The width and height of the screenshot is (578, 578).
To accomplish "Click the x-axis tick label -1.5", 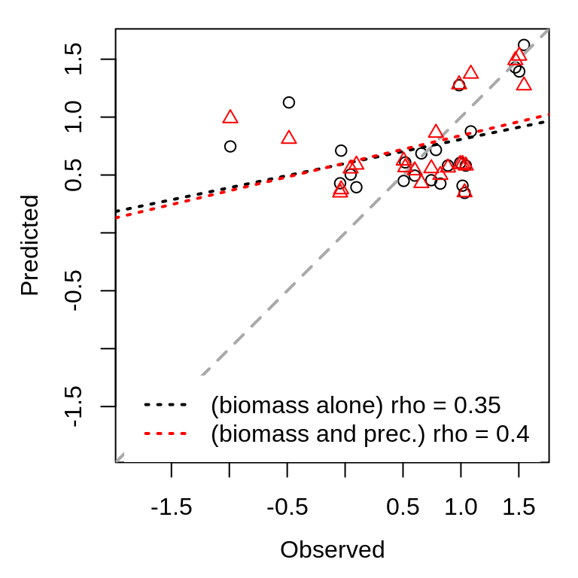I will pyautogui.click(x=171, y=508).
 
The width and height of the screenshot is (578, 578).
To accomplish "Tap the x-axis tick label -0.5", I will pyautogui.click(x=287, y=508).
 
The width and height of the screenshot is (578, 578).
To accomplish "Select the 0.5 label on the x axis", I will pyautogui.click(x=403, y=508).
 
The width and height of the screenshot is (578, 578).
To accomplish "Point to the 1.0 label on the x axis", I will pyautogui.click(x=461, y=508).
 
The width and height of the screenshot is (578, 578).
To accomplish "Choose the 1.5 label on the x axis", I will pyautogui.click(x=519, y=508).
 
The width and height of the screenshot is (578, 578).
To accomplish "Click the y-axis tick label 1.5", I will pyautogui.click(x=74, y=59).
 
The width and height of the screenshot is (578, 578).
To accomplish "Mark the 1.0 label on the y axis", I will pyautogui.click(x=74, y=117).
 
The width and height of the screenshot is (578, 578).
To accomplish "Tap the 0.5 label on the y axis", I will pyautogui.click(x=74, y=175).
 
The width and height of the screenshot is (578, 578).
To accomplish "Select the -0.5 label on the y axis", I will pyautogui.click(x=74, y=291).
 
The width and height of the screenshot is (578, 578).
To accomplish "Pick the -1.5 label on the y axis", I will pyautogui.click(x=74, y=406).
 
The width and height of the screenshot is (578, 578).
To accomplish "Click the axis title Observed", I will pyautogui.click(x=332, y=550).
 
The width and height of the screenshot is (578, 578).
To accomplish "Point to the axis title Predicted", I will pyautogui.click(x=29, y=245).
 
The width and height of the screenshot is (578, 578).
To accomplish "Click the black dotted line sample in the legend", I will pyautogui.click(x=165, y=405).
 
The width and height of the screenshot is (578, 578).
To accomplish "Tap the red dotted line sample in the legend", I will pyautogui.click(x=165, y=434).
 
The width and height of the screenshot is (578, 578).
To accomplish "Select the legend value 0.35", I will pyautogui.click(x=477, y=405).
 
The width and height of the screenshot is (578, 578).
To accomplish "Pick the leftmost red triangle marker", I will pyautogui.click(x=230, y=117).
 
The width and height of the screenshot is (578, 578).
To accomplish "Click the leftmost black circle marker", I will pyautogui.click(x=230, y=146).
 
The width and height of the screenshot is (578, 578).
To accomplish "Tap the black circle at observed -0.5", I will pyautogui.click(x=288, y=102).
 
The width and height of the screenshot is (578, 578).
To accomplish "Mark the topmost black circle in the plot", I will pyautogui.click(x=524, y=45).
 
